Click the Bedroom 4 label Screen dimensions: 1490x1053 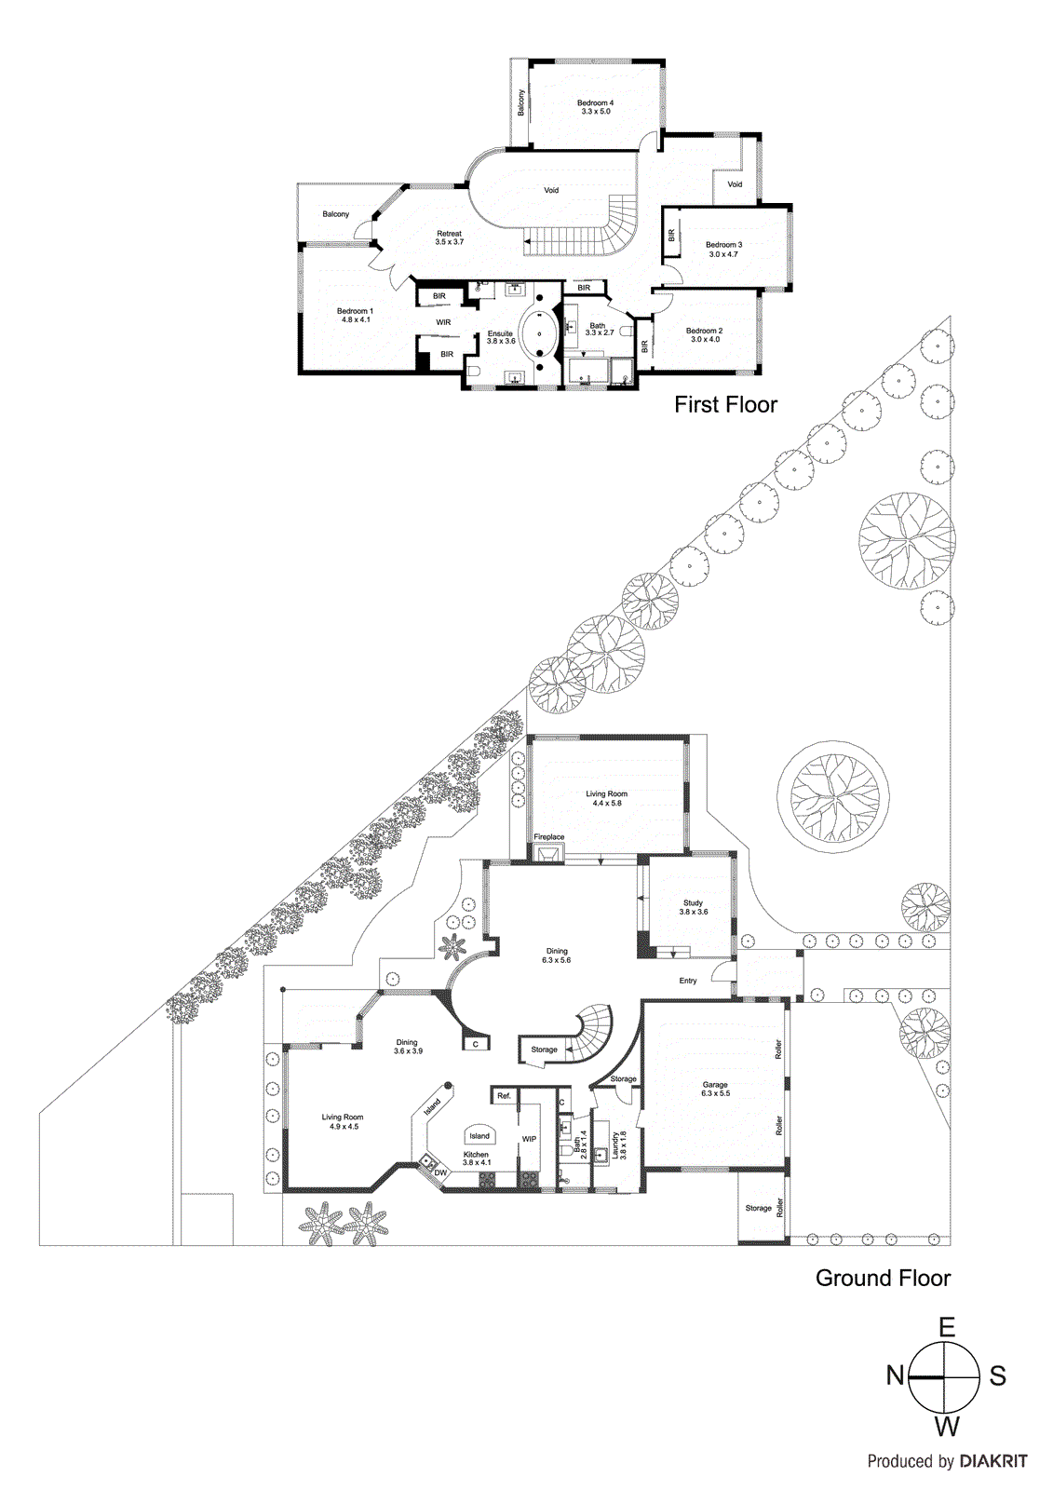pos(595,102)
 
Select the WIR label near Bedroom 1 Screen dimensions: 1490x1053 pos(443,322)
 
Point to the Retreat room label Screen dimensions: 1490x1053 pos(449,234)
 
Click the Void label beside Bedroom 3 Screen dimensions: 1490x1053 pos(735,184)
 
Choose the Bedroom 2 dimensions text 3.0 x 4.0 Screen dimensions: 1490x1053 pos(705,340)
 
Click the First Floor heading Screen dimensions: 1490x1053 pos(725,404)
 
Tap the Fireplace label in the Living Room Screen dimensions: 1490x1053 pos(549,837)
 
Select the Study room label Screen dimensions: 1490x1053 pos(693,902)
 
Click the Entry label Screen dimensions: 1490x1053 pos(688,981)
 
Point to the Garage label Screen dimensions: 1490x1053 pos(715,1085)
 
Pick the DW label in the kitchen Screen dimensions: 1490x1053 pos(440,1172)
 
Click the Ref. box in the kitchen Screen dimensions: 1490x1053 pos(504,1096)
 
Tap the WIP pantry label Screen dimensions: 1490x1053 pos(529,1139)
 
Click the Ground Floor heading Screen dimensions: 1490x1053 pos(883,1278)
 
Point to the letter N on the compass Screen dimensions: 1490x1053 pos(895,1375)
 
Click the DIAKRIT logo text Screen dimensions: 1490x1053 pos(992,1462)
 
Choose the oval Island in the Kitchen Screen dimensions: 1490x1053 pos(479,1135)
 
